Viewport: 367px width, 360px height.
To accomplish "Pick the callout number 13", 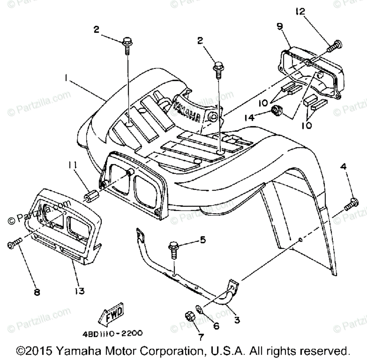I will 80,291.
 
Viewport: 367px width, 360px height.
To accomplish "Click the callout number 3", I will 237,320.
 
